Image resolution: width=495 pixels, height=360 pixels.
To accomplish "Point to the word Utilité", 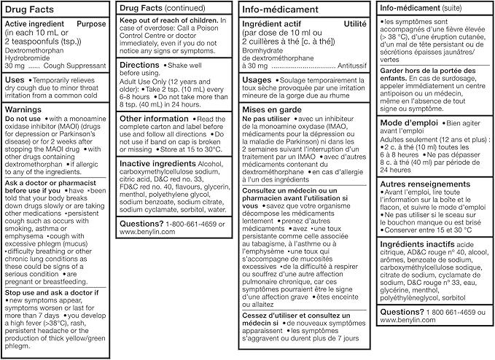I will [355, 24].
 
